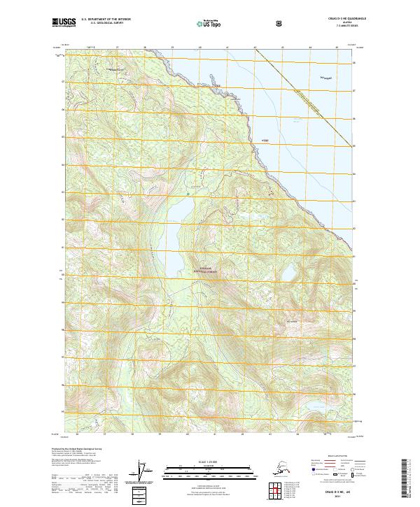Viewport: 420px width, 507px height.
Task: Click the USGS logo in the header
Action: (x=64, y=23)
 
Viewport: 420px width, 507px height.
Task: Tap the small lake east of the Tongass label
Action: (x=288, y=271)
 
